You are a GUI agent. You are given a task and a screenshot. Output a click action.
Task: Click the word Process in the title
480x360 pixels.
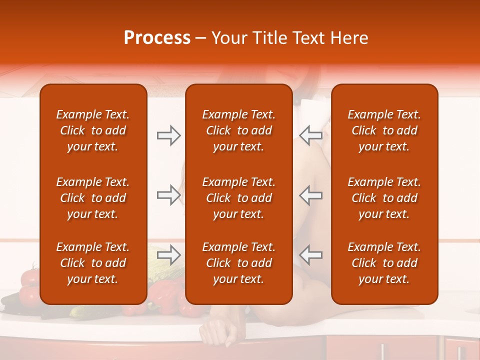pos(157,38)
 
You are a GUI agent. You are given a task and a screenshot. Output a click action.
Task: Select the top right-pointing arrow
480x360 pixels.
pos(168,135)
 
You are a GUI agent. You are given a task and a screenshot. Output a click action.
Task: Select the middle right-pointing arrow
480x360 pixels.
pos(168,195)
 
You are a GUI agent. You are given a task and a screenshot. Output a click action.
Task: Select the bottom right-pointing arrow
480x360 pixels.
pos(168,255)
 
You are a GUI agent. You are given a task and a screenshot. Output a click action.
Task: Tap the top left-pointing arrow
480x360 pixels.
pos(311,135)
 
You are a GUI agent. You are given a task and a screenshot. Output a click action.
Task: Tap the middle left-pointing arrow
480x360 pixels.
pos(311,195)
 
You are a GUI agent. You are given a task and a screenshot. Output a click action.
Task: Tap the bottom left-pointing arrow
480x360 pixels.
pos(311,255)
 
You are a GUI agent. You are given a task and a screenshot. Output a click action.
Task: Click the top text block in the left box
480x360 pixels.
pos(93,130)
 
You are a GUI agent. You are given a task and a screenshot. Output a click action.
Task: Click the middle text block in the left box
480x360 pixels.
pos(93,198)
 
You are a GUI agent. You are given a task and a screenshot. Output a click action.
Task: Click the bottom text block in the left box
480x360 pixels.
pos(93,263)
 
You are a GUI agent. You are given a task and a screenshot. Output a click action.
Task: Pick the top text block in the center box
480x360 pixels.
pos(238,130)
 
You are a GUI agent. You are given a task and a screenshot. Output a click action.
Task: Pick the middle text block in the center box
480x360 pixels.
pos(238,198)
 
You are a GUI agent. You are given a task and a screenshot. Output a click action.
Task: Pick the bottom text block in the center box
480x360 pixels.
pos(238,263)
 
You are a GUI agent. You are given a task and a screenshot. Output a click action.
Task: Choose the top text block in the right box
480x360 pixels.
pos(384,130)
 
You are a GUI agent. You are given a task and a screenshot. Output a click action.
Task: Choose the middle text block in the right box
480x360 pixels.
pos(384,198)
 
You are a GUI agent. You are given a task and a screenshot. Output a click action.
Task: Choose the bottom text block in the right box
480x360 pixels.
pos(384,263)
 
